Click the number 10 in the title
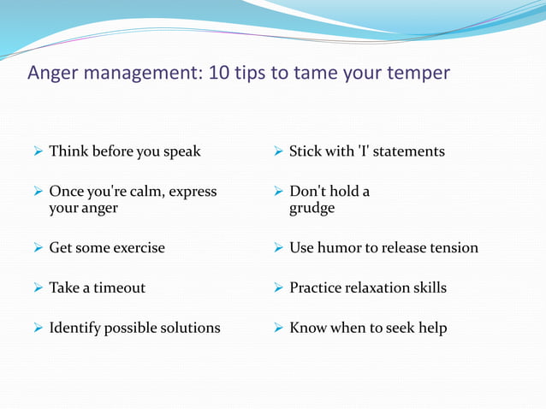tap(218, 73)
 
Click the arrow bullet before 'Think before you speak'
tap(38, 151)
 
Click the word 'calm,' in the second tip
tap(145, 191)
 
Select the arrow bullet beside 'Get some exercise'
tap(38, 248)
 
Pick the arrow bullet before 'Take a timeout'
tap(38, 288)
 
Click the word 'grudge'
tap(312, 209)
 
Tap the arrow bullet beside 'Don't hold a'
tap(278, 192)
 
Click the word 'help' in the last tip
tap(431, 328)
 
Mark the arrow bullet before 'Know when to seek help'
tap(278, 329)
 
